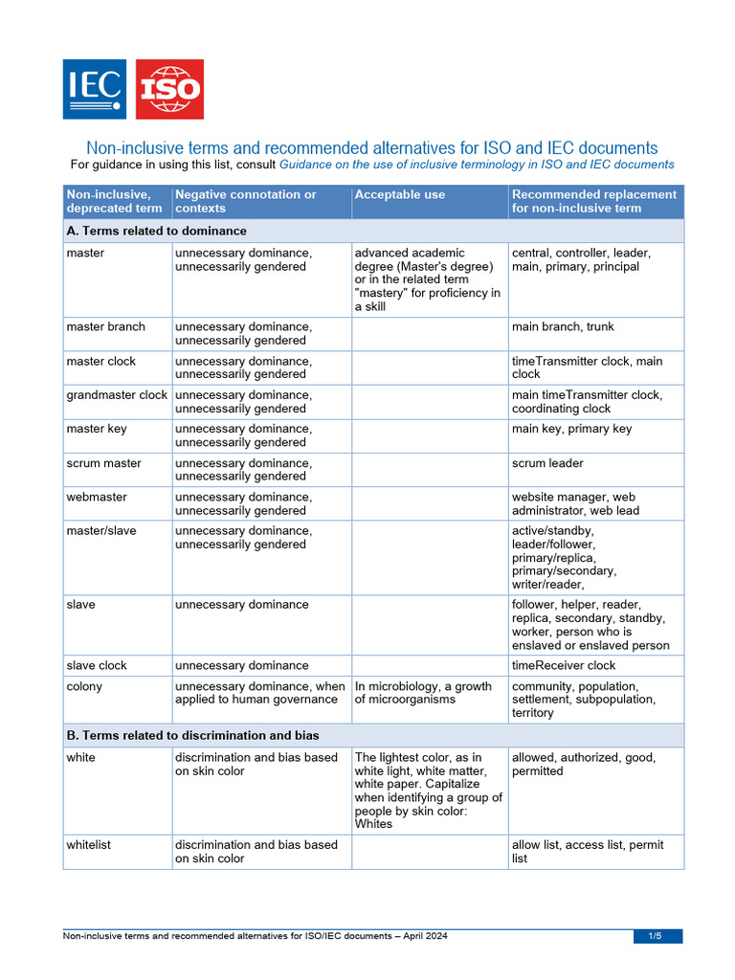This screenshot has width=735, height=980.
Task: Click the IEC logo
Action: [x=94, y=89]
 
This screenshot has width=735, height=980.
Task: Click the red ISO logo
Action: [x=169, y=89]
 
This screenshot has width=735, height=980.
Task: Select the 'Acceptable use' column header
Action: [x=399, y=194]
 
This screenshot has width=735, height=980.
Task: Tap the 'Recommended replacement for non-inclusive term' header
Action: [x=593, y=201]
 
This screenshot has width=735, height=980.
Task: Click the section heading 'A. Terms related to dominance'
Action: [x=156, y=231]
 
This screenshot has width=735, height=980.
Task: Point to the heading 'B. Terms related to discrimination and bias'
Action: [x=192, y=735]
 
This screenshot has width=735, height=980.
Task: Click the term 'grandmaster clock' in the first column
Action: [x=117, y=394]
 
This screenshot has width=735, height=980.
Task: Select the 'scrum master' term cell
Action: [x=103, y=463]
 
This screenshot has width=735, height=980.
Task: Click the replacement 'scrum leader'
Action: [x=547, y=463]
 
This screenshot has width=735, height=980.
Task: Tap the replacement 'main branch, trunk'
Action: [x=563, y=326]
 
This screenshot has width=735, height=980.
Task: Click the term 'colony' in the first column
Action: [x=84, y=686]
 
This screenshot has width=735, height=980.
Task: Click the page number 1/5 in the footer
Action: [x=657, y=936]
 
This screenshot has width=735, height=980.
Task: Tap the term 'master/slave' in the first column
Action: [x=101, y=530]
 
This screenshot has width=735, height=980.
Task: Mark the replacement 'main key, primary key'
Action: [x=571, y=429]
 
